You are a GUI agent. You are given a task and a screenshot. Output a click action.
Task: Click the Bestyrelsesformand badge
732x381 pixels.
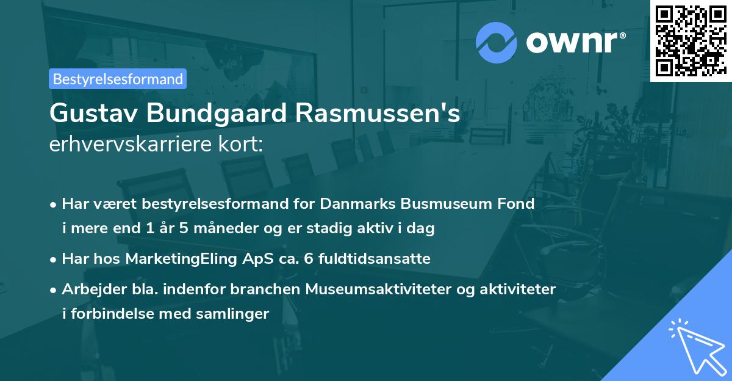coord(118,79)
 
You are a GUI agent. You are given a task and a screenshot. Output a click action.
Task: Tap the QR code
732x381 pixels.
coord(691,40)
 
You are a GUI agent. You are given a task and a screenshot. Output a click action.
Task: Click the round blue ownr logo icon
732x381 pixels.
coord(496,43)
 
